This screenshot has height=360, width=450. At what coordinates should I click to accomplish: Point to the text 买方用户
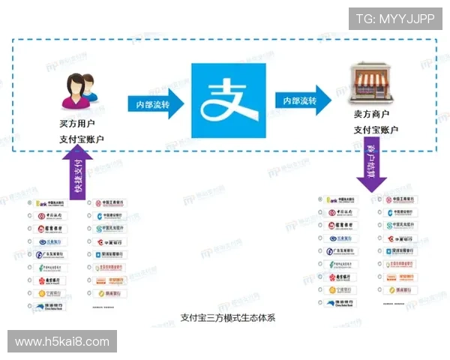77,122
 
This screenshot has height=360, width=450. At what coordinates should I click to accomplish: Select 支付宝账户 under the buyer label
81,139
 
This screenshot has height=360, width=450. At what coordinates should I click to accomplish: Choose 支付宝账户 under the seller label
376,130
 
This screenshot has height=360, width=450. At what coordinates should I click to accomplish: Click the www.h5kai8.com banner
62,341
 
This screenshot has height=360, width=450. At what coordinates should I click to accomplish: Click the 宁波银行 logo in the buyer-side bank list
51,293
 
